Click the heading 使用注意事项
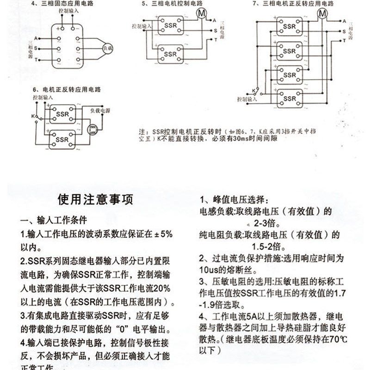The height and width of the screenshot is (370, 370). [x=95, y=199]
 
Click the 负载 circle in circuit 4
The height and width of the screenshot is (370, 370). [x=107, y=48]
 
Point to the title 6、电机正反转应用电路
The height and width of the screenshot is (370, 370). [x=67, y=89]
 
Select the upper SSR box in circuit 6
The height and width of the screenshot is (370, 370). [x=62, y=114]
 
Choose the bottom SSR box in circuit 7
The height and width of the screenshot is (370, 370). [x=290, y=98]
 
